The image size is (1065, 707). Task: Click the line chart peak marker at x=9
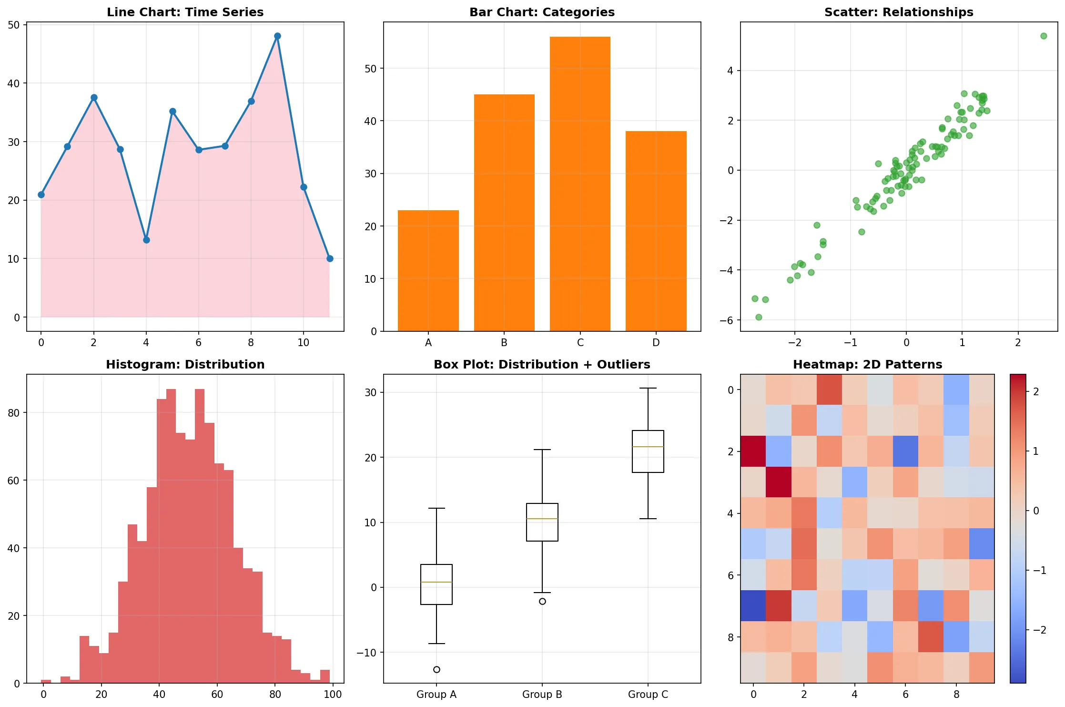point(277,36)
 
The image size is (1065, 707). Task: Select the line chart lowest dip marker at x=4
point(146,240)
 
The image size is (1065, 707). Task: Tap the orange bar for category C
point(580,184)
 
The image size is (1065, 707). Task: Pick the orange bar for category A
point(428,270)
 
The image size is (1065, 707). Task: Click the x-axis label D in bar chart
point(656,343)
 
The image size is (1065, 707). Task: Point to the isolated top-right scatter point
point(1043,36)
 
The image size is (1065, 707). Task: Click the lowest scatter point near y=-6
point(759,317)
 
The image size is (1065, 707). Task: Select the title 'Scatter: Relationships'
point(899,12)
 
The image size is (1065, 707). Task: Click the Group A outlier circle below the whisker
point(436,669)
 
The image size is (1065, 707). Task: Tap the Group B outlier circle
point(542,601)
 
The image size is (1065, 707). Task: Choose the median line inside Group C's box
point(648,447)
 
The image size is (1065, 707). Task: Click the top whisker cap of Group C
point(648,389)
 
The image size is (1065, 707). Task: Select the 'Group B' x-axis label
point(542,694)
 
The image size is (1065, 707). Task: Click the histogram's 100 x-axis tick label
point(333,694)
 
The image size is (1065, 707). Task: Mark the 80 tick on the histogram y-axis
point(14,413)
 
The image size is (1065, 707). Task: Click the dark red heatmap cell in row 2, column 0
point(753,451)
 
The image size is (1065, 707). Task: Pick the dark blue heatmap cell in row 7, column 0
point(753,605)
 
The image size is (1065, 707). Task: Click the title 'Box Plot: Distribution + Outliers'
point(542,364)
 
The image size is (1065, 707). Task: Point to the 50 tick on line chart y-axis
point(14,25)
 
